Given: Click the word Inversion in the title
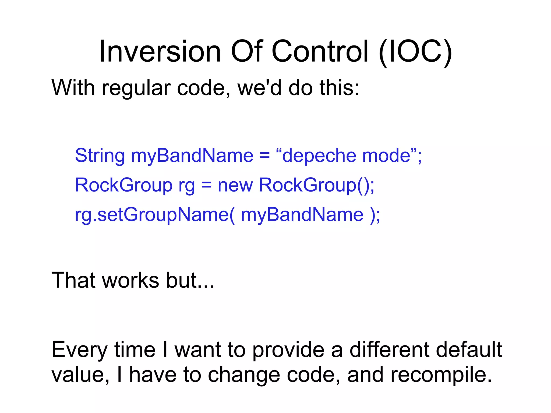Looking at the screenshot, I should [160, 52].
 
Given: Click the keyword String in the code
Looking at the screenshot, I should [100, 156].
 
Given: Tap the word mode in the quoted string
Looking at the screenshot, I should [386, 156].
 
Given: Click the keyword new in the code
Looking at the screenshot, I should [235, 185].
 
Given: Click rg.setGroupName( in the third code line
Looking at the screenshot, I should [155, 215].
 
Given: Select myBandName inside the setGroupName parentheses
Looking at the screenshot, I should [302, 215].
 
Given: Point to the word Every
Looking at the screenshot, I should [79, 350].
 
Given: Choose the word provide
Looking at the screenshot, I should [288, 350].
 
